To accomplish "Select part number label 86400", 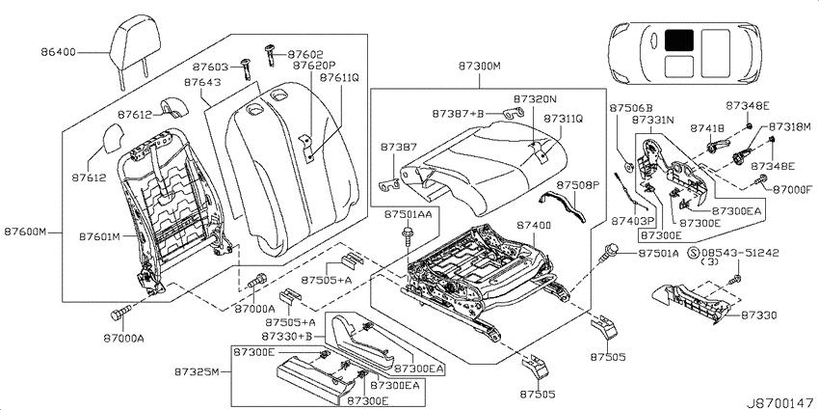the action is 58,52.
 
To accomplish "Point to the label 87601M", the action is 100,237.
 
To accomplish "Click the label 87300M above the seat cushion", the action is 480,67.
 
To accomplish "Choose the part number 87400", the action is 534,226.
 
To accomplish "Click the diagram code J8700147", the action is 780,403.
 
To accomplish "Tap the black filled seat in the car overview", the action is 679,40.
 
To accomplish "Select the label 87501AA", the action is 409,214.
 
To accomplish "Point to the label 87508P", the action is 575,185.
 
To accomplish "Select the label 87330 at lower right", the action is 759,315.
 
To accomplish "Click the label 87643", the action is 202,83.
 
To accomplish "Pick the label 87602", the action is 305,54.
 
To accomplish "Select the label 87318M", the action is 789,126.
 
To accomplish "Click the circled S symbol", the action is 693,253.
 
